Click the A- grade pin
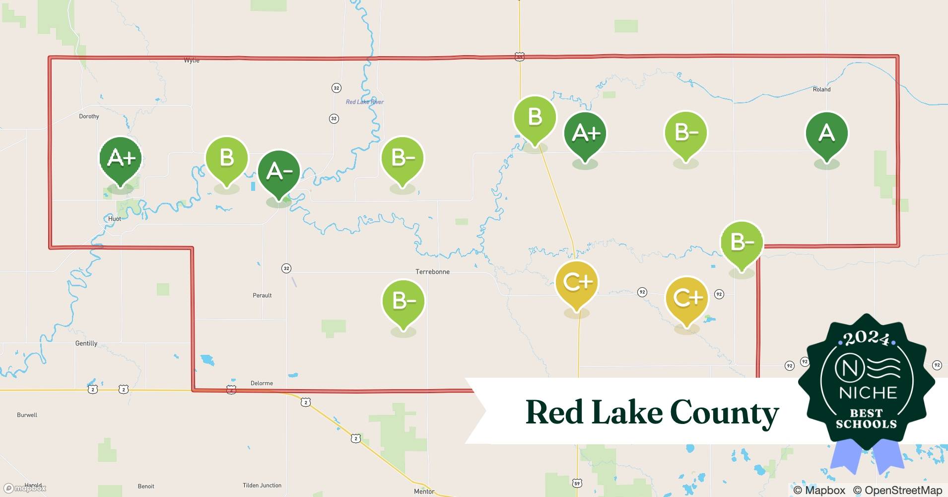click(x=279, y=171)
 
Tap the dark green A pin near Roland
click(x=826, y=133)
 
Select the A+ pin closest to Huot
click(x=121, y=158)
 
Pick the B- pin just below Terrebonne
click(x=403, y=301)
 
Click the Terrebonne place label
click(x=432, y=272)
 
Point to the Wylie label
click(x=192, y=60)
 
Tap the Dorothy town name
click(x=89, y=116)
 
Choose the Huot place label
click(x=114, y=219)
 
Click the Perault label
click(x=262, y=295)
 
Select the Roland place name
click(x=821, y=89)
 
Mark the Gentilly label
click(x=86, y=343)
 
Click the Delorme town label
click(x=262, y=383)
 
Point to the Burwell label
click(x=27, y=415)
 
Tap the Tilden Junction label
click(x=262, y=486)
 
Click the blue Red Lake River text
click(x=364, y=102)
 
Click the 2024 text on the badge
click(x=867, y=339)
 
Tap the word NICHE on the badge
click(x=868, y=393)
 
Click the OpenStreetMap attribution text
click(x=897, y=490)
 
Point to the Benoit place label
click(x=146, y=487)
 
